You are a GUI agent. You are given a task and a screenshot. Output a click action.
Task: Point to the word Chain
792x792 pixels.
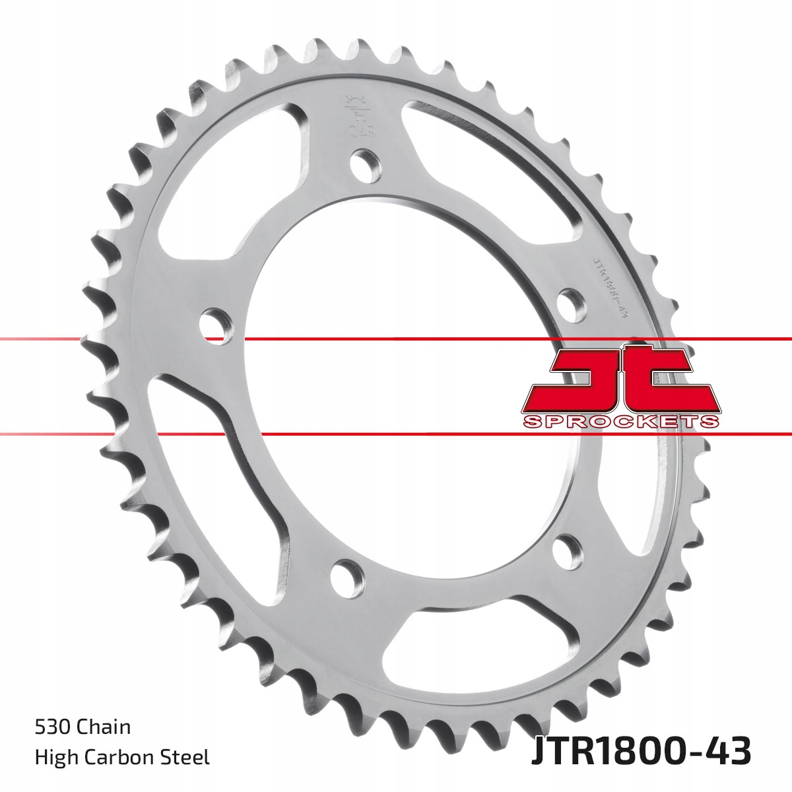(104, 727)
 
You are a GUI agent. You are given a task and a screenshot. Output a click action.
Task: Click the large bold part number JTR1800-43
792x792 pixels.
(641, 752)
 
